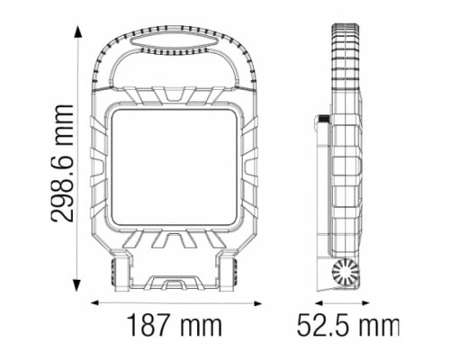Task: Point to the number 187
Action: point(149,326)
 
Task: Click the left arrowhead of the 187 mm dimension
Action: point(97,303)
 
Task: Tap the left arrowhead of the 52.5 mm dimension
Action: point(317,303)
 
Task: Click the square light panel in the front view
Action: point(175,166)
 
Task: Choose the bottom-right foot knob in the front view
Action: point(232,272)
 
